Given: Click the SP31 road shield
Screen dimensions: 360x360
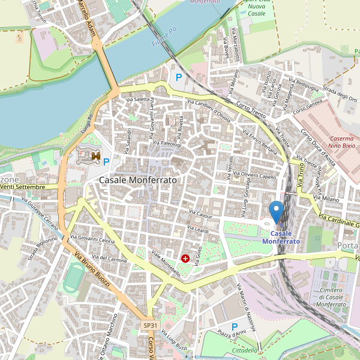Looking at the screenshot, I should pos(149,325).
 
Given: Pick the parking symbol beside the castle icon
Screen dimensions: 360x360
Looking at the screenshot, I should pos(106,161).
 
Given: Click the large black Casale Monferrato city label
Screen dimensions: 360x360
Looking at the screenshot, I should pos(138,180).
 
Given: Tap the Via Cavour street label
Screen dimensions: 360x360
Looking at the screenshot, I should pos(200,214).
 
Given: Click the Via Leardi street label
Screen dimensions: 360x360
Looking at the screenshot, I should pos(197,230).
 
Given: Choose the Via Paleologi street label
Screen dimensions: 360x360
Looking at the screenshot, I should pos(167,144).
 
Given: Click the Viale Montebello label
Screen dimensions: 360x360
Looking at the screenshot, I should pos(166,263).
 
